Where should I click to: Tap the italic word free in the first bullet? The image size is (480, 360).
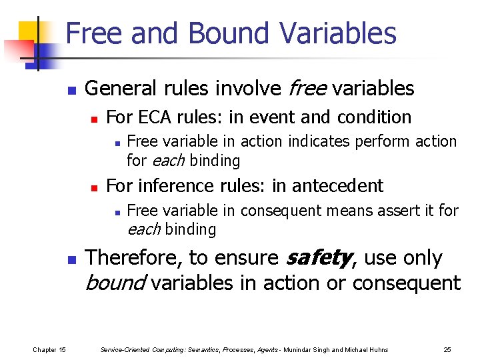(x=307, y=88)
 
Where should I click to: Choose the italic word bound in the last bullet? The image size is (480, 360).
(x=116, y=283)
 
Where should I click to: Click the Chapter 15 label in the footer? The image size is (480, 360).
(x=49, y=349)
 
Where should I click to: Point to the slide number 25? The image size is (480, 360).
(x=447, y=349)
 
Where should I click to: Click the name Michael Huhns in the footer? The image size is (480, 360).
(x=366, y=349)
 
